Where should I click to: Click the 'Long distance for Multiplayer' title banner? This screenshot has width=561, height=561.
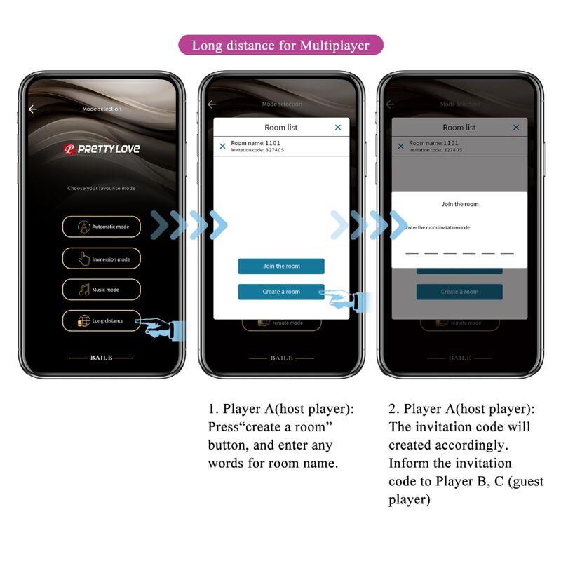pyautogui.click(x=280, y=46)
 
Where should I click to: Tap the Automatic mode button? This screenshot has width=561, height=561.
pyautogui.click(x=101, y=227)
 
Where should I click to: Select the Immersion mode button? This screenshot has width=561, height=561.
pyautogui.click(x=101, y=259)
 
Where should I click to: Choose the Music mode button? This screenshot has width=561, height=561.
pyautogui.click(x=101, y=290)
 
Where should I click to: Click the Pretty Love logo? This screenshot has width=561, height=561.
pyautogui.click(x=101, y=149)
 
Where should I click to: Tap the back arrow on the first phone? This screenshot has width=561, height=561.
pyautogui.click(x=32, y=109)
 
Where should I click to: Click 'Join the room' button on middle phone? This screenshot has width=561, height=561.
pyautogui.click(x=280, y=266)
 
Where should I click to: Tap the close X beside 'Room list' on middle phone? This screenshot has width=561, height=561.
pyautogui.click(x=338, y=127)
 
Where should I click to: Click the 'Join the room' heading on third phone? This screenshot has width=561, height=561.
pyautogui.click(x=459, y=204)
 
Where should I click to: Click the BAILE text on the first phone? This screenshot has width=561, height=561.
pyautogui.click(x=101, y=358)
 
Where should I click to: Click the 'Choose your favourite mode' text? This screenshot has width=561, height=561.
pyautogui.click(x=101, y=188)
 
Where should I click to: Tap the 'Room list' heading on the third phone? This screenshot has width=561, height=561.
pyautogui.click(x=459, y=128)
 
